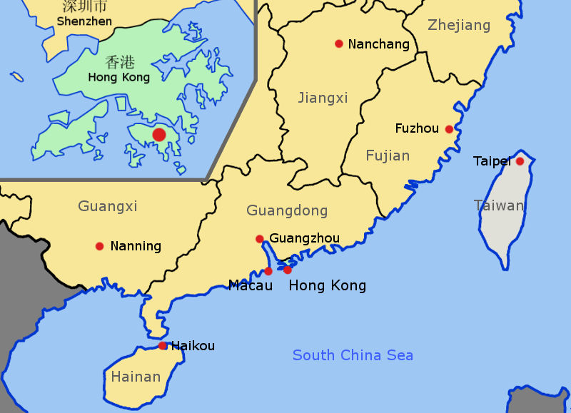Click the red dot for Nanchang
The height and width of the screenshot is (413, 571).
point(339,44)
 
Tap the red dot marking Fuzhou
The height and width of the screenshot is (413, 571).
point(449,129)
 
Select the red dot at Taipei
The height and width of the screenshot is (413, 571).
point(520,161)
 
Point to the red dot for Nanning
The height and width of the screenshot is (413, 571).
point(99,246)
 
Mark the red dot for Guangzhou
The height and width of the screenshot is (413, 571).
point(260,238)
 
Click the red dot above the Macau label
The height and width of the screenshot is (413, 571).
point(268,271)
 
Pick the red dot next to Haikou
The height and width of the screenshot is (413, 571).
point(163,346)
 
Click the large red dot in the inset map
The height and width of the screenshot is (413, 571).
point(159,134)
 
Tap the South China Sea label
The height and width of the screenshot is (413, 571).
point(353,355)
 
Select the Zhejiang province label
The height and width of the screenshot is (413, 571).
point(459,26)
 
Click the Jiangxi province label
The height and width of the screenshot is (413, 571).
point(323,98)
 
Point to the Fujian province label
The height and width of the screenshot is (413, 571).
point(388,155)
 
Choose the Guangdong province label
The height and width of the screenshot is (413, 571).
point(287,210)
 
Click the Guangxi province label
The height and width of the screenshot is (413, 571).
point(108,207)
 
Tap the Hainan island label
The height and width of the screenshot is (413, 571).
point(136,376)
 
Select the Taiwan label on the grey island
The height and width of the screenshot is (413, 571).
point(499,205)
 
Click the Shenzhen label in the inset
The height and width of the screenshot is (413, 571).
point(84,21)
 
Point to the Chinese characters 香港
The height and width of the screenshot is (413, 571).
point(118,62)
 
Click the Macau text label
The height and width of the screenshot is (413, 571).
point(251,286)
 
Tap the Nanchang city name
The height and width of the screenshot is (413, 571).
point(378,44)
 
